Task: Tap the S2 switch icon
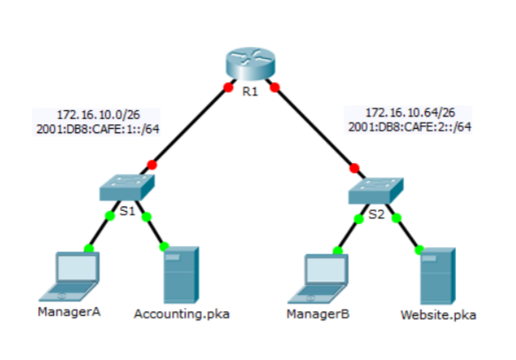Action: point(377,189)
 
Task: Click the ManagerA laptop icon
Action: point(75,275)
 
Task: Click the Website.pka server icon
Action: point(437,276)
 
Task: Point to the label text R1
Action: point(250,93)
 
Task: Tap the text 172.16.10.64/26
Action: point(410,113)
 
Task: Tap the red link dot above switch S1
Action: point(152,164)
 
